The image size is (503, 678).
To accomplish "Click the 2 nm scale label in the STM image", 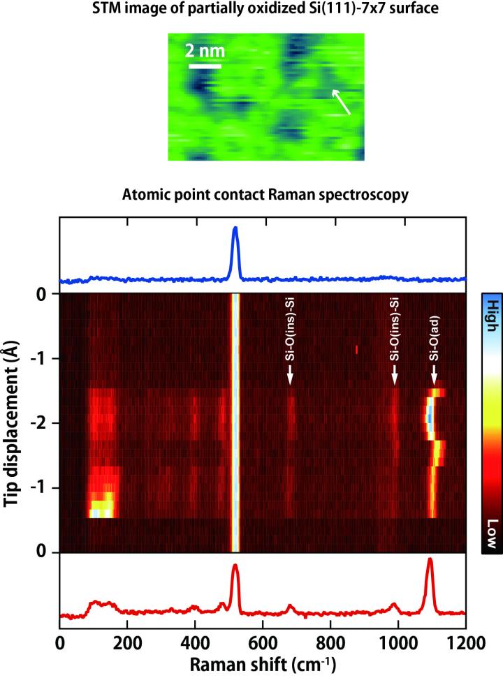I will [205, 52].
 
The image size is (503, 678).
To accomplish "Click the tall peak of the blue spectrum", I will [235, 230].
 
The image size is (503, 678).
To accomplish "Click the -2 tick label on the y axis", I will [41, 423].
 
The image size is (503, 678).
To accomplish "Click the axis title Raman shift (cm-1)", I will [262, 663].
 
